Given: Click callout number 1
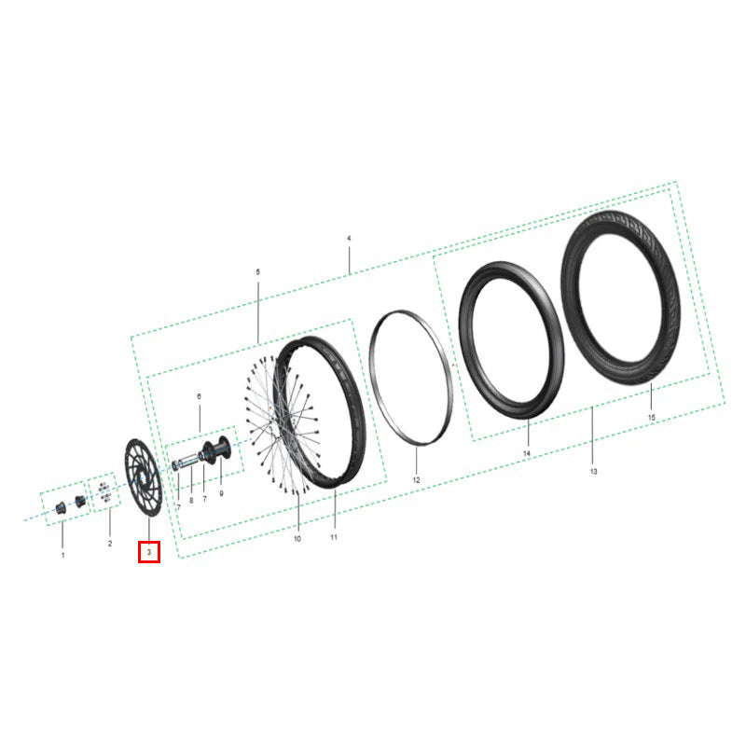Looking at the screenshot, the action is [62, 555].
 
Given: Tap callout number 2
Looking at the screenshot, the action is [110, 544].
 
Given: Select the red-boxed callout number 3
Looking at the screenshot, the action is [149, 552].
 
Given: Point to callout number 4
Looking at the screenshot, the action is [349, 238].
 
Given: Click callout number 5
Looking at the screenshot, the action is [258, 272].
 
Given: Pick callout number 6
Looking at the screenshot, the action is [199, 396].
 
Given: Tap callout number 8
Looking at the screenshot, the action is [191, 501].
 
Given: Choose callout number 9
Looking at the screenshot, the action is [221, 493].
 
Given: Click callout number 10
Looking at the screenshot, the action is [297, 539].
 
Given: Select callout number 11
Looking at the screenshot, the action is [334, 537].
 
